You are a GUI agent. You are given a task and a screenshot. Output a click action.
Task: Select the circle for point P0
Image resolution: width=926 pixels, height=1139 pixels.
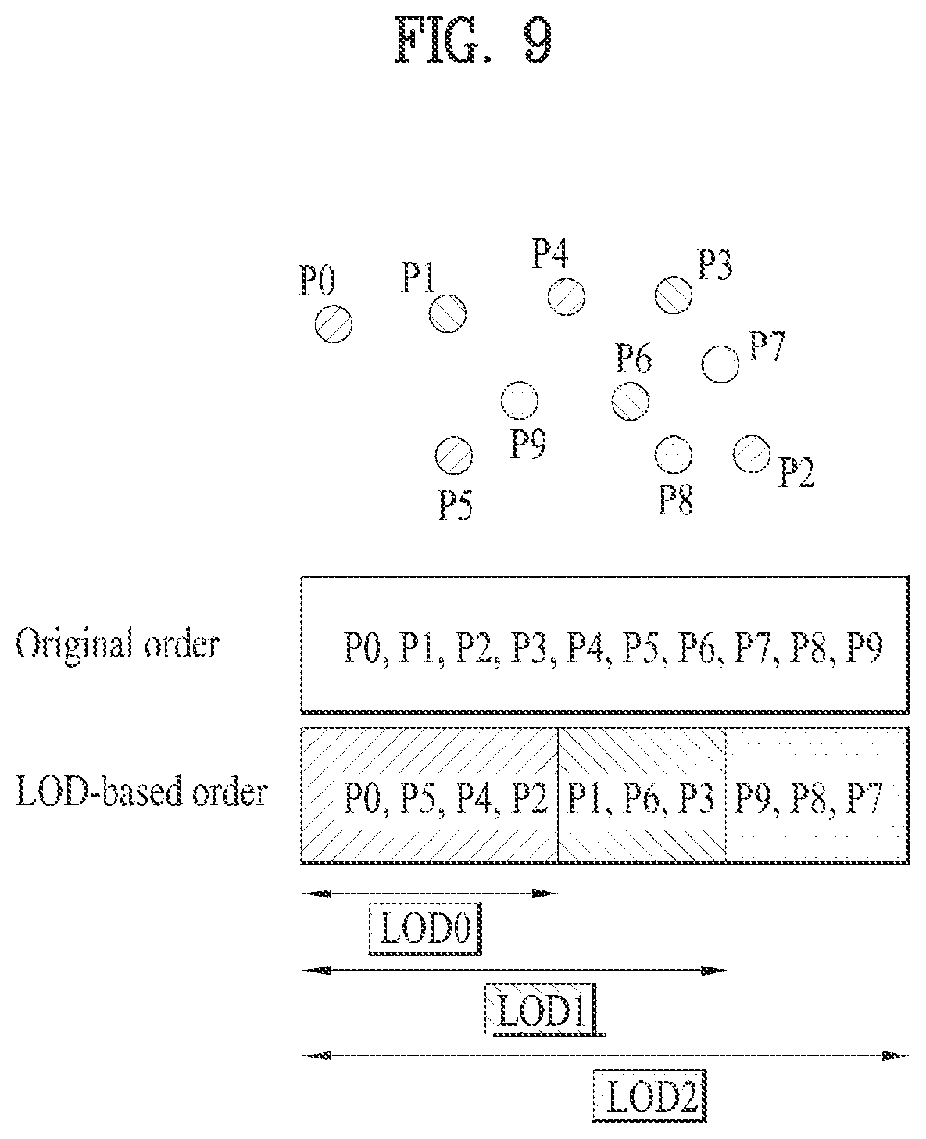point(334,324)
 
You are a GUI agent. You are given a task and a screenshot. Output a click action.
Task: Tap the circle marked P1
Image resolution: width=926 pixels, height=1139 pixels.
point(447,313)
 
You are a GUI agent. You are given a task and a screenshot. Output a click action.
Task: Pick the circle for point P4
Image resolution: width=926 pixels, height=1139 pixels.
point(566,296)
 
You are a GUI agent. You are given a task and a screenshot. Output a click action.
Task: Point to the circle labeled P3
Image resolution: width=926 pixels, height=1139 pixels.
point(674,295)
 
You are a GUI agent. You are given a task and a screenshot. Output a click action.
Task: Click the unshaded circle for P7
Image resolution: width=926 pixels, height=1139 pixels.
point(720,364)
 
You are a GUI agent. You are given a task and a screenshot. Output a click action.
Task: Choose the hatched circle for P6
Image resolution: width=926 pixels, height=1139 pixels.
point(631,401)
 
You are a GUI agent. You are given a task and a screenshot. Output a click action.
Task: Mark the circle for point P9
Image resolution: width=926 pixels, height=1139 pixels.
point(520,400)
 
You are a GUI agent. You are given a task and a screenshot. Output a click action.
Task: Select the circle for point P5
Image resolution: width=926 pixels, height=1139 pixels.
point(454,456)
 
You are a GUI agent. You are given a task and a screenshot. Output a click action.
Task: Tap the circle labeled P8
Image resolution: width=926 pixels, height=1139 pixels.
point(674,454)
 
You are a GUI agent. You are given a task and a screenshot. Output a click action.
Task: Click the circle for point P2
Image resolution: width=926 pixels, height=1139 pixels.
point(751,453)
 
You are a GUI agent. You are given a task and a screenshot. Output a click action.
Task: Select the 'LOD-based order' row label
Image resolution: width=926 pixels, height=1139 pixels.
point(141,791)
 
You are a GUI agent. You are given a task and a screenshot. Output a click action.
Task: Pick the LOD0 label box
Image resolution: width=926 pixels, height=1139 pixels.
point(425,929)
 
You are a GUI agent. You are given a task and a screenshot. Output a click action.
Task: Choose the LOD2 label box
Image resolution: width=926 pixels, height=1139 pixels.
point(649,1095)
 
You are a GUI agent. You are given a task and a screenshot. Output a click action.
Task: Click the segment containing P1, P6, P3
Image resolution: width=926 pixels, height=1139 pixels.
point(642,795)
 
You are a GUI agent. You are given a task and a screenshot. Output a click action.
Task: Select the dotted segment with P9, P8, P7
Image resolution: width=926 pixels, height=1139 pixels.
point(817,795)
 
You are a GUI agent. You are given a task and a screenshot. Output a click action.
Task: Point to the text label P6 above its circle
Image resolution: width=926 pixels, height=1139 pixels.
point(634,358)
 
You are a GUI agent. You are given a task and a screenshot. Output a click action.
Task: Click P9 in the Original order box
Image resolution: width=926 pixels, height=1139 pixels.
point(863,647)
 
